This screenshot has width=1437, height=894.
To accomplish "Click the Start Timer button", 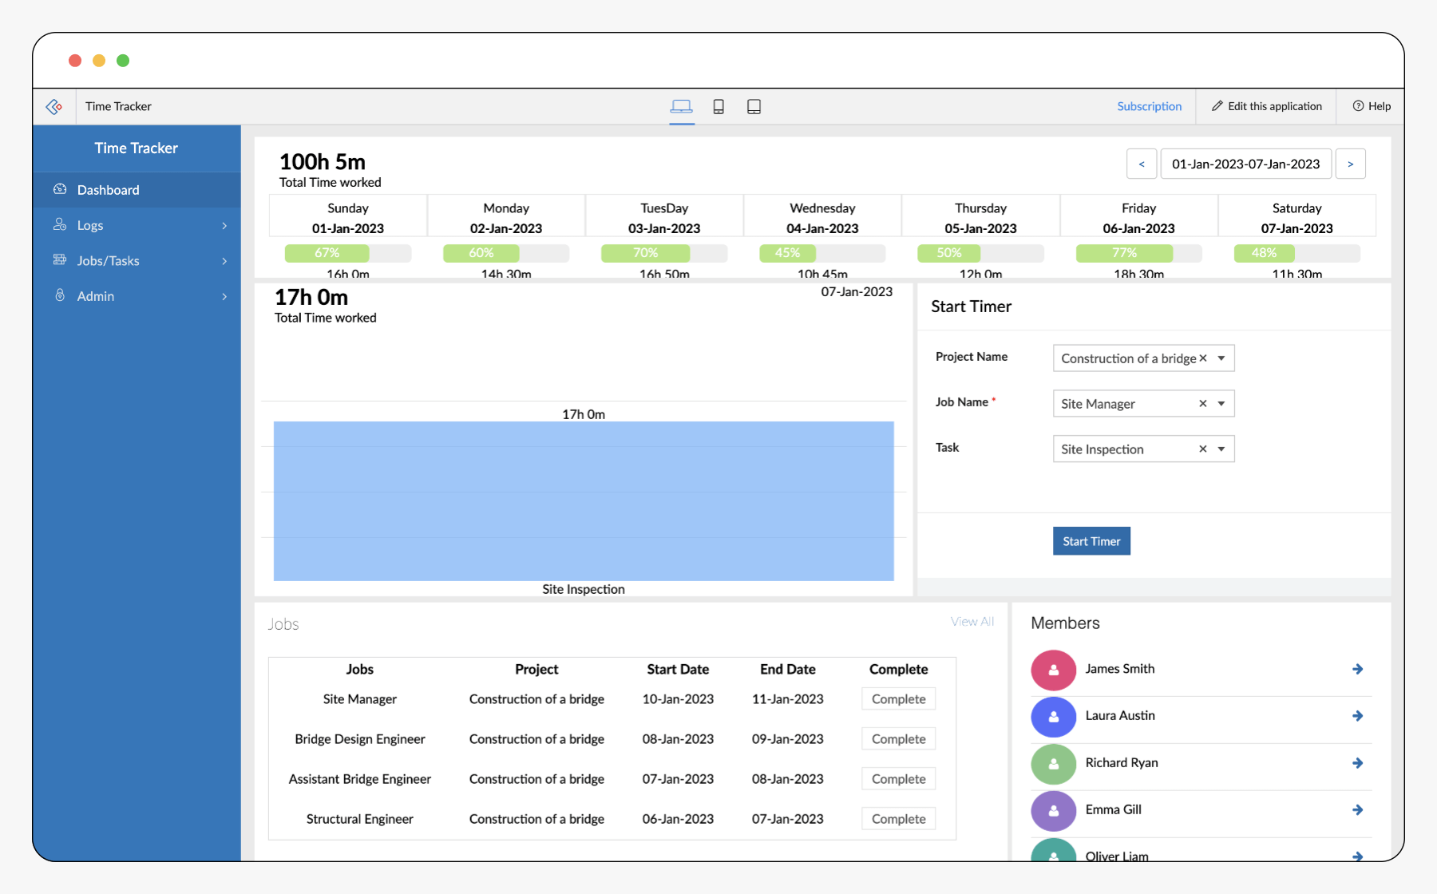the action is click(x=1091, y=541).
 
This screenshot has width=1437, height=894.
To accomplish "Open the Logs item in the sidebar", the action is click(x=90, y=225).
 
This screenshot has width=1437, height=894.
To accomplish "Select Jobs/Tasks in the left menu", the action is click(x=108, y=261).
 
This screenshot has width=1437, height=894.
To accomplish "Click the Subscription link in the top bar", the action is click(x=1149, y=106).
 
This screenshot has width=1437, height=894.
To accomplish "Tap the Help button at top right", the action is click(x=1372, y=106).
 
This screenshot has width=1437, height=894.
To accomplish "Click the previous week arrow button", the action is click(x=1142, y=164).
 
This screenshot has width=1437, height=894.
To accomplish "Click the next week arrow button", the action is click(x=1351, y=164).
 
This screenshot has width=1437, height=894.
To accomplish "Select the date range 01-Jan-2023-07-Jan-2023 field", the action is click(x=1245, y=164).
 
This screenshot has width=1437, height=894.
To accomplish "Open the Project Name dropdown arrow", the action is click(x=1221, y=358).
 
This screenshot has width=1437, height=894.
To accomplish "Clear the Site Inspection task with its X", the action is click(x=1202, y=449).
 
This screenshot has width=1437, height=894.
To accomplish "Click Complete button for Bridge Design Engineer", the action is click(x=898, y=739).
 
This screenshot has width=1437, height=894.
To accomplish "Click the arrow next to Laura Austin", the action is click(x=1357, y=716).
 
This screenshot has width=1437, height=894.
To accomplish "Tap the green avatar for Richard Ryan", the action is click(x=1054, y=763).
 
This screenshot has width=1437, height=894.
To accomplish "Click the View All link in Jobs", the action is click(x=972, y=622).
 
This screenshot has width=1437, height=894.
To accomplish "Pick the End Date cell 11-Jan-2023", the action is click(x=787, y=699).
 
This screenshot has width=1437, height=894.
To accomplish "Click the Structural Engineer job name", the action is click(x=359, y=819).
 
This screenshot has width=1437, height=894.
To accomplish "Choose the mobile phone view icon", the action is click(x=718, y=107).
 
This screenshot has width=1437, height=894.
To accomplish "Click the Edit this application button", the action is click(x=1266, y=106).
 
